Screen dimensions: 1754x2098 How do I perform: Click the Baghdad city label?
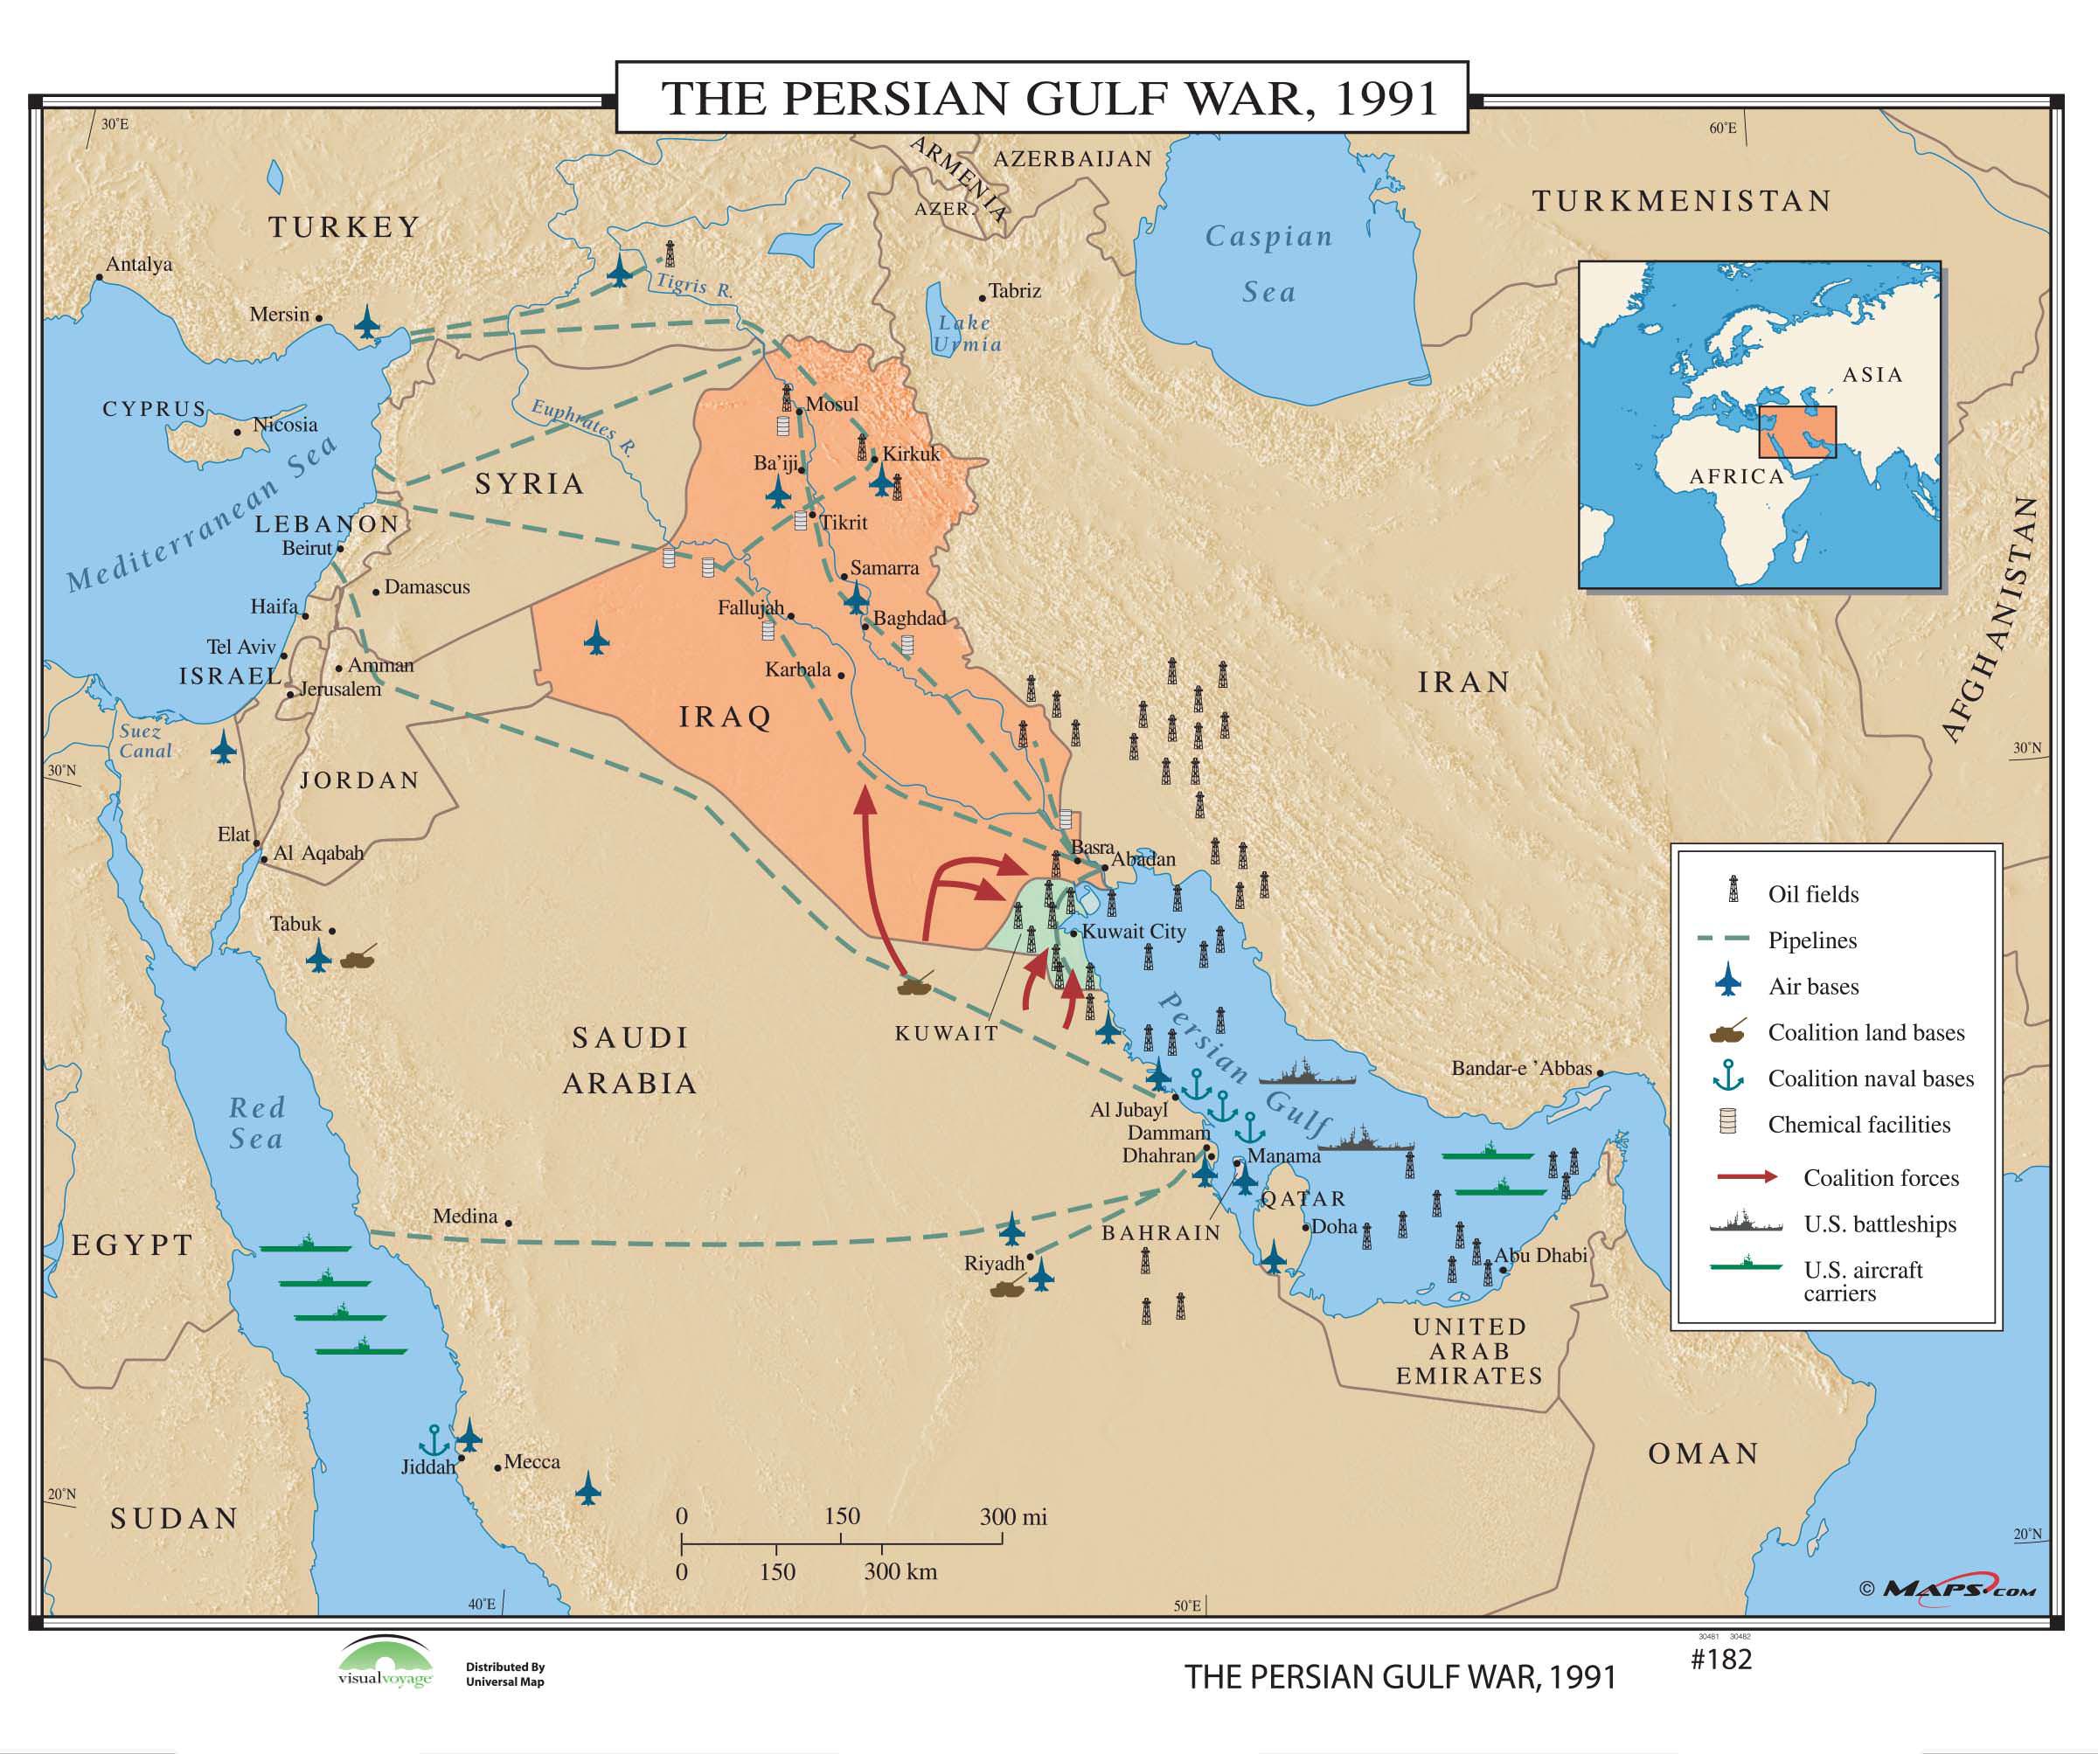pyautogui.click(x=908, y=618)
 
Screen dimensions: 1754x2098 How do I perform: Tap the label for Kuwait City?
pyautogui.click(x=1134, y=931)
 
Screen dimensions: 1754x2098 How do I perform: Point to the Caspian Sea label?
pyautogui.click(x=1268, y=264)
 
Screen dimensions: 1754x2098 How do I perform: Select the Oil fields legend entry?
pyautogui.click(x=1812, y=894)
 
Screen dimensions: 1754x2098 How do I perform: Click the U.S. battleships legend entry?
pyautogui.click(x=1879, y=1224)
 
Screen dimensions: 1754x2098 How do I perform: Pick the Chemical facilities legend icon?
pyautogui.click(x=1727, y=1122)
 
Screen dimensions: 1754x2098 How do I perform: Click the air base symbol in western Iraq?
pyautogui.click(x=596, y=638)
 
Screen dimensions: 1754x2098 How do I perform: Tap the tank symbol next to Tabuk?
pyautogui.click(x=358, y=958)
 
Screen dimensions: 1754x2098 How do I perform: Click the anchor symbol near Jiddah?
pyautogui.click(x=434, y=1441)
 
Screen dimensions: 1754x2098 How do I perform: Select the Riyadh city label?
pyautogui.click(x=993, y=1264)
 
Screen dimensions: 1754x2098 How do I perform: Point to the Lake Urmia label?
pyautogui.click(x=966, y=334)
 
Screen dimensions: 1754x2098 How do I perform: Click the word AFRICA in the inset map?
pyautogui.click(x=1736, y=476)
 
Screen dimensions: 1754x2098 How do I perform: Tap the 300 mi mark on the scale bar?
pyautogui.click(x=1012, y=1517)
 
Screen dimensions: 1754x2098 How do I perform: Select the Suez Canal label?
pyautogui.click(x=145, y=740)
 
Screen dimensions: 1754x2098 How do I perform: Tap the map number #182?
pyautogui.click(x=1720, y=1659)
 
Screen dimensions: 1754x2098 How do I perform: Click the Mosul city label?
pyautogui.click(x=831, y=404)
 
